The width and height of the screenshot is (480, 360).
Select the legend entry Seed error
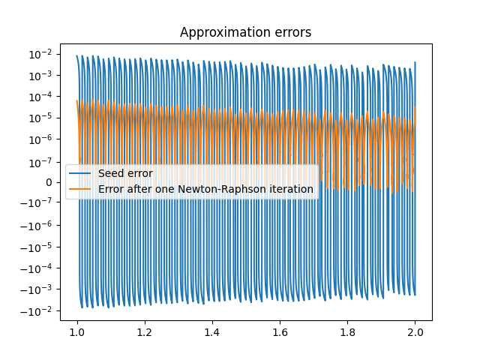[x=125, y=174]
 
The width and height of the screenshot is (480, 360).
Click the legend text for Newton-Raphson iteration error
[x=205, y=189]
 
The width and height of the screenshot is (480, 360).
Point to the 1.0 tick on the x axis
[x=76, y=331]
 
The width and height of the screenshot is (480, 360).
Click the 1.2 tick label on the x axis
[x=144, y=331]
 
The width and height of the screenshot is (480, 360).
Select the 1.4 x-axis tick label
[x=212, y=331]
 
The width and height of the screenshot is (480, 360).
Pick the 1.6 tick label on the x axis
[x=280, y=331]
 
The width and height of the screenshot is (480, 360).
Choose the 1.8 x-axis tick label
[x=347, y=331]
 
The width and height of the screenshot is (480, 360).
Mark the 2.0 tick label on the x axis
[x=415, y=331]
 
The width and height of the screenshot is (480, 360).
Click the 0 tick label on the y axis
[x=49, y=182]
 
